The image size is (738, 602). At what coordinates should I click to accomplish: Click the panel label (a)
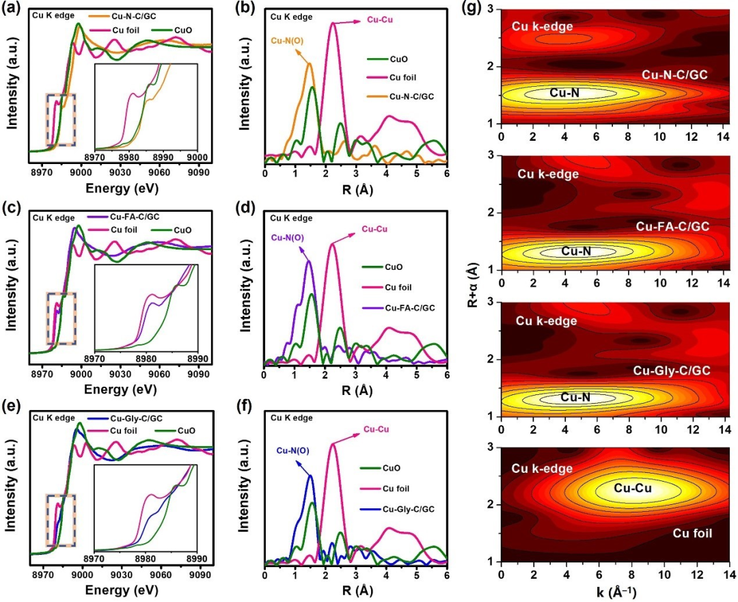14,10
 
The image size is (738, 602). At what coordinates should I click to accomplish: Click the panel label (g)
475,10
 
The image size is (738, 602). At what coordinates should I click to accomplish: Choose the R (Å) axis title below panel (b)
355,180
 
